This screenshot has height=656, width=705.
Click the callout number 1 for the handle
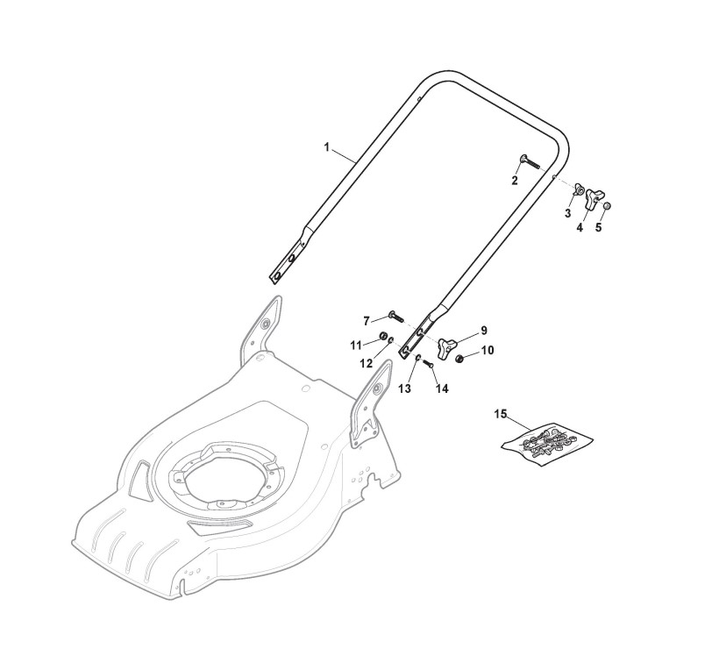point(326,148)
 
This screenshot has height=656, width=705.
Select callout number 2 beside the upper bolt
point(515,180)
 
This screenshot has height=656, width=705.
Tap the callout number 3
point(567,213)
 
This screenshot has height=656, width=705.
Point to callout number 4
point(580,227)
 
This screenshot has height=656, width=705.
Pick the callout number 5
point(599,227)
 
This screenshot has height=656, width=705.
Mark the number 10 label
point(488,351)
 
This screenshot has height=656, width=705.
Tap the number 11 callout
point(356,343)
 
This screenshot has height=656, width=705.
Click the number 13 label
point(404,388)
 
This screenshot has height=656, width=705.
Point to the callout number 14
point(441,389)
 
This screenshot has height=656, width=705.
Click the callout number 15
point(501,413)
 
